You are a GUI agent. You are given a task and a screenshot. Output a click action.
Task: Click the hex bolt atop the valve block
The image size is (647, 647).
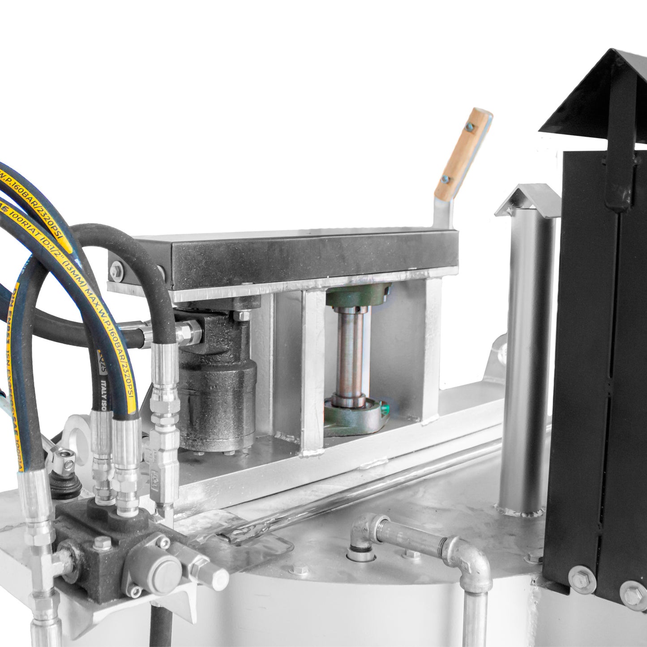[x=99, y=544]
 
